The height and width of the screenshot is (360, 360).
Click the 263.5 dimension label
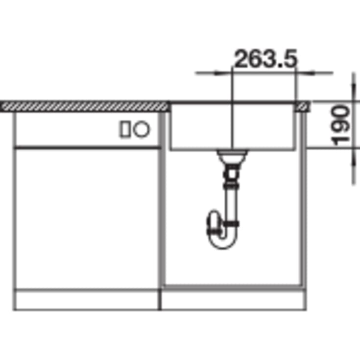coord(265,59)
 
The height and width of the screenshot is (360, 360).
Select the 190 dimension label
coord(340,125)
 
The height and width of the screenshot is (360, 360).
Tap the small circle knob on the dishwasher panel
coord(142,129)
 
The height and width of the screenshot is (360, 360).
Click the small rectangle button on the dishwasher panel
coord(125,129)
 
